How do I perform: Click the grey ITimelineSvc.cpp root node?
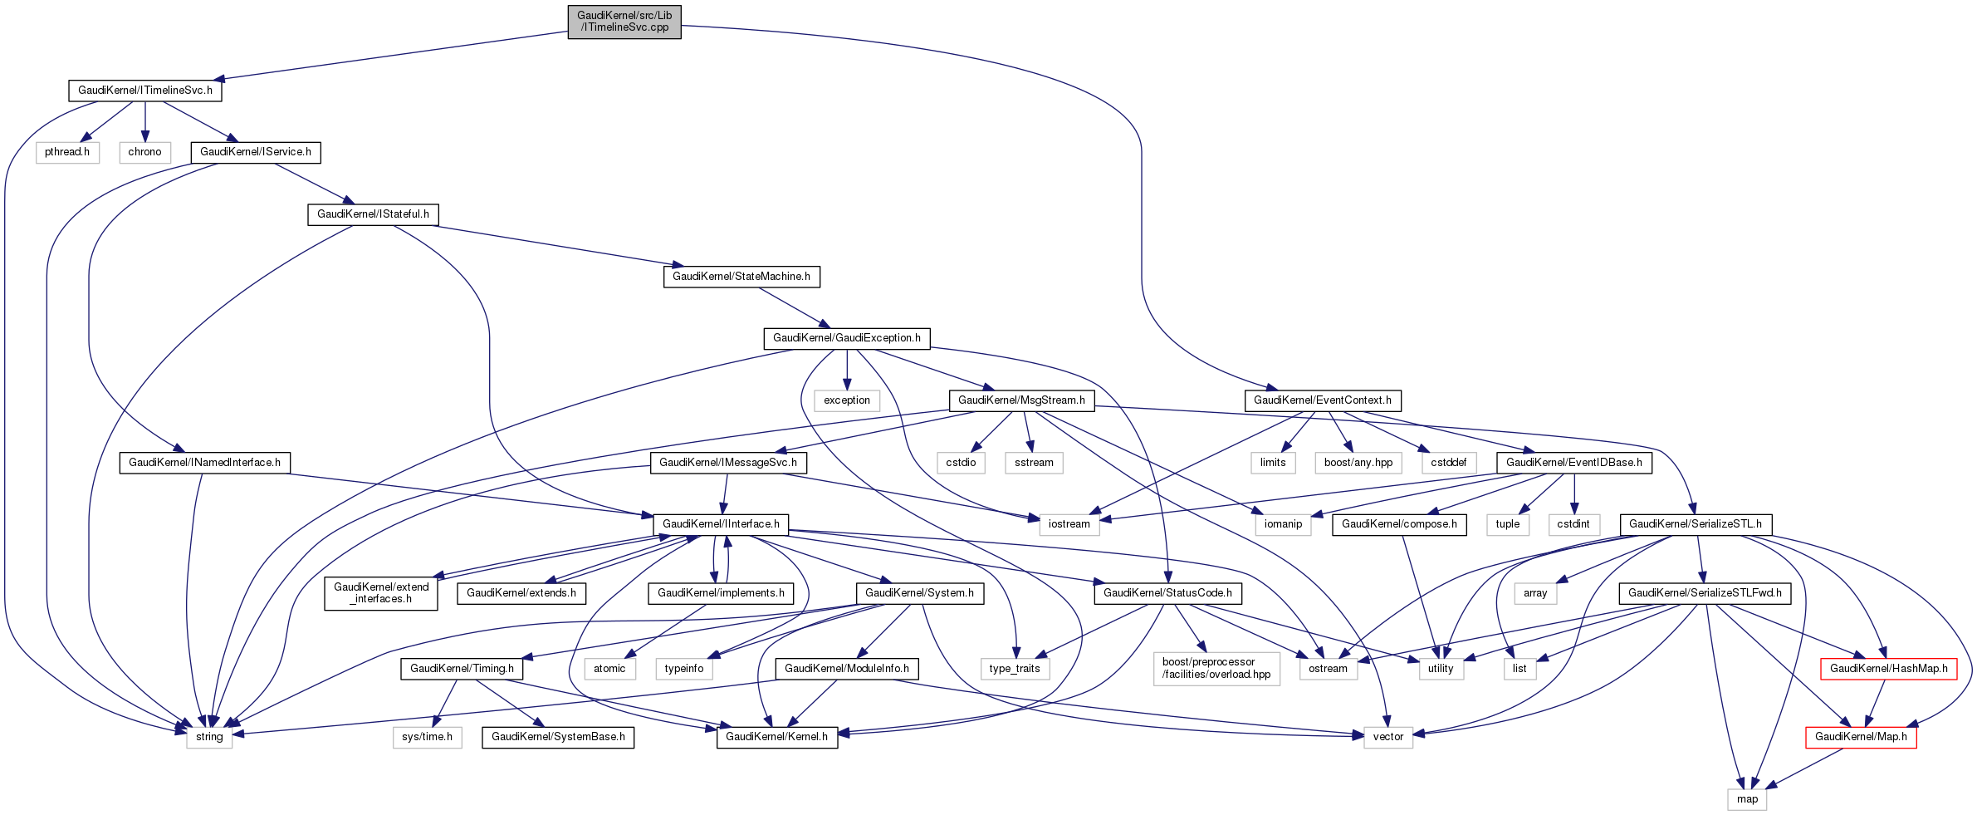coord(624,22)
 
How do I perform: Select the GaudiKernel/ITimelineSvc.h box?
coord(145,91)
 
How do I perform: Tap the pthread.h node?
coord(67,152)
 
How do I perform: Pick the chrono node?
coord(145,152)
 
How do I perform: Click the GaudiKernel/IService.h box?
coord(256,152)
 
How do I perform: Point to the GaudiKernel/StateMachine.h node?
coord(741,276)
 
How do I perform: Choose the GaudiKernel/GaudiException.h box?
coord(847,338)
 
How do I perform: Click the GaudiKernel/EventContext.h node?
coord(1323,400)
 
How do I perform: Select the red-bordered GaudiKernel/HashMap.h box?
coord(1888,669)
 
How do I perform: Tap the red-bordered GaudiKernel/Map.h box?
coord(1861,737)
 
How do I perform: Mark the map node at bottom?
coord(1747,799)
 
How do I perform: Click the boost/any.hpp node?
coord(1358,463)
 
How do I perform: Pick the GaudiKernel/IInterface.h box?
coord(721,524)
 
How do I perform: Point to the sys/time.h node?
coord(428,737)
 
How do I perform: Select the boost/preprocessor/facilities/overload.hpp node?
coord(1216,668)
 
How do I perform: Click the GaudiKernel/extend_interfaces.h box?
coord(381,592)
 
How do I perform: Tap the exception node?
coord(847,400)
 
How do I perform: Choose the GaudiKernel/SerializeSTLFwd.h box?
coord(1705,593)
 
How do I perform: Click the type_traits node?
coord(1015,669)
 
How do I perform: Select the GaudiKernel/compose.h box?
coord(1399,524)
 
